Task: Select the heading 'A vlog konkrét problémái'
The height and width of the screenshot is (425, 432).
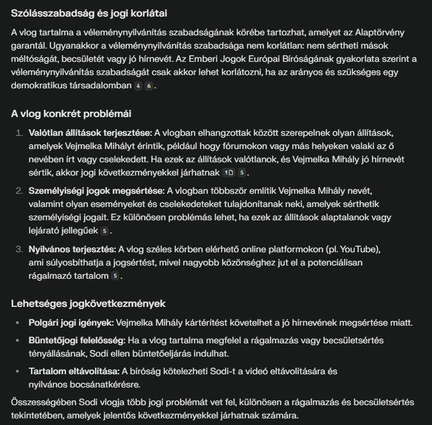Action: tap(71, 114)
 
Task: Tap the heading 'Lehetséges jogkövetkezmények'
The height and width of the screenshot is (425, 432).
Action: tap(88, 304)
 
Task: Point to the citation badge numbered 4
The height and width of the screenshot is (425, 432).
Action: tap(138, 86)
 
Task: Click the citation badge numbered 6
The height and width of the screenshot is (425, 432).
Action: tap(148, 86)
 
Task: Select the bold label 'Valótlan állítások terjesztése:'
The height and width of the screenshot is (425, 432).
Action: tap(90, 133)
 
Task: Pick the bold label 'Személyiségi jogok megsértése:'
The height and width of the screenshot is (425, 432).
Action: tap(96, 191)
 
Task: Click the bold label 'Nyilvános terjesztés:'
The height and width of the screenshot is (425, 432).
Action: tap(72, 249)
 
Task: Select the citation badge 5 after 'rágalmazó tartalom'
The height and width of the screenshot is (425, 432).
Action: tap(115, 276)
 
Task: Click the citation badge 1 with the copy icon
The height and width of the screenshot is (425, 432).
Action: tap(228, 173)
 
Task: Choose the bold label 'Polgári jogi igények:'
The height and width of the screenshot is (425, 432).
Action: tap(71, 322)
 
